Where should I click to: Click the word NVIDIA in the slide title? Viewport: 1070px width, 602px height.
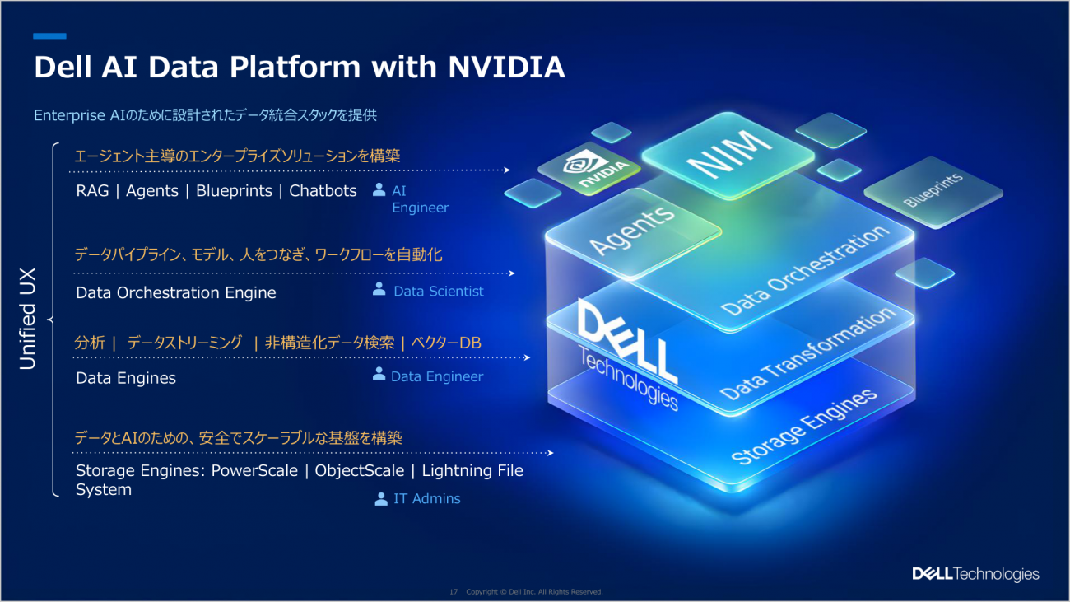tap(506, 67)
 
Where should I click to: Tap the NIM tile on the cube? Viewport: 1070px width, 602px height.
tap(728, 156)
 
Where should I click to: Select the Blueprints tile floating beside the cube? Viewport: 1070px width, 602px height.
tap(933, 192)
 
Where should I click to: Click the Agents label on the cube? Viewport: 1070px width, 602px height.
tap(632, 231)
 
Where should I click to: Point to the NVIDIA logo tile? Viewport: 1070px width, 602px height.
tap(589, 168)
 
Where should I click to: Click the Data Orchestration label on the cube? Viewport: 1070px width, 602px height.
tap(805, 270)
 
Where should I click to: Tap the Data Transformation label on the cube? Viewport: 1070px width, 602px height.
tap(807, 353)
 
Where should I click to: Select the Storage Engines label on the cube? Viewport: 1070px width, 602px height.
tap(804, 426)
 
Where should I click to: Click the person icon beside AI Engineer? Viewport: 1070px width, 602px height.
tap(379, 189)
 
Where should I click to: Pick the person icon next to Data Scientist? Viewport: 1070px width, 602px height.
tap(379, 288)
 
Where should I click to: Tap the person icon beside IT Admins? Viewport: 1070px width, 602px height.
tap(381, 499)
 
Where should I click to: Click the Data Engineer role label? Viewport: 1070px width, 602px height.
tap(436, 376)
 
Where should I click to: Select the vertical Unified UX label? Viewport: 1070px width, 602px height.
tap(28, 319)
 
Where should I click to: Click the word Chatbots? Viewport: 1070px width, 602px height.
tap(323, 190)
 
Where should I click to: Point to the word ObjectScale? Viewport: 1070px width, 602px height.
tap(359, 470)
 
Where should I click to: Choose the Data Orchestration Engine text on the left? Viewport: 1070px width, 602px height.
tap(176, 292)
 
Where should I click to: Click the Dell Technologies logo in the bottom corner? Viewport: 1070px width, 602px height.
tap(975, 574)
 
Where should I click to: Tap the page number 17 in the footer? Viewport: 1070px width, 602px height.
tap(454, 592)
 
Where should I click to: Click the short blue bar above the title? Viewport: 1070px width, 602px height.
tap(49, 36)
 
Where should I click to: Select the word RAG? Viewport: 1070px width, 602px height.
tap(92, 190)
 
